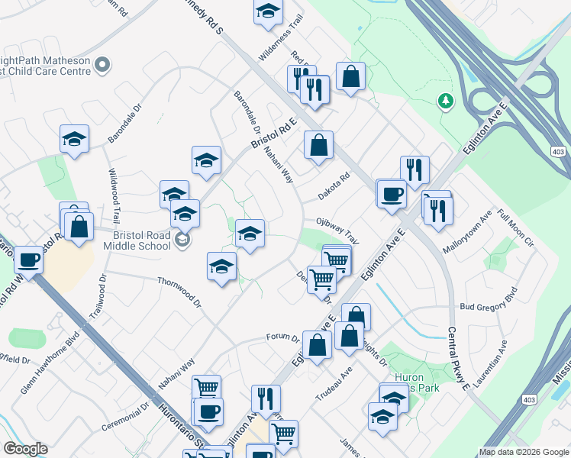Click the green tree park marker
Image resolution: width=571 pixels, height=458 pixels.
(445, 101)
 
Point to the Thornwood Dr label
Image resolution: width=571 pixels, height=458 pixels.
(179, 291)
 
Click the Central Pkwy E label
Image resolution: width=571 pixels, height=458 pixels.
(459, 360)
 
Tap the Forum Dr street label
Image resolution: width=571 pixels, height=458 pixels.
(283, 337)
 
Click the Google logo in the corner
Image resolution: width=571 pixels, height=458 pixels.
(25, 449)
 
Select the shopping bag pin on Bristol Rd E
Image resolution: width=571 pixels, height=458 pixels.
(318, 144)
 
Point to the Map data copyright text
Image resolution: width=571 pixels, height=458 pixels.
(524, 452)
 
